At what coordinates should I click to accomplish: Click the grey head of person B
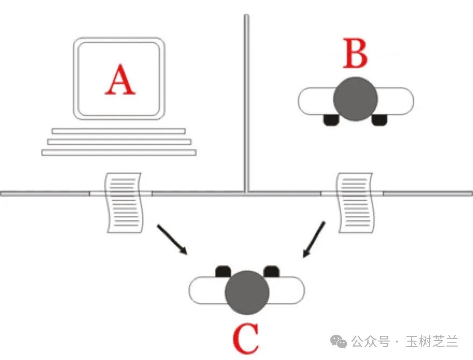(x=355, y=98)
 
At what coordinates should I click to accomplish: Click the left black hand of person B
(x=331, y=119)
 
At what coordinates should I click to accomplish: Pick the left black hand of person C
(x=223, y=271)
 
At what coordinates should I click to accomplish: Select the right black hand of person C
(x=271, y=271)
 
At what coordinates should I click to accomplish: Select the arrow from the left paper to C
(x=173, y=240)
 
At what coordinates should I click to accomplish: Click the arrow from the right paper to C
(x=314, y=240)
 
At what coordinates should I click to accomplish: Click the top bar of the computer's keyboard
(x=119, y=131)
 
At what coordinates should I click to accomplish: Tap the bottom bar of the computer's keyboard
(x=119, y=152)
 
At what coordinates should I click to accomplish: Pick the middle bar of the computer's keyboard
(x=119, y=141)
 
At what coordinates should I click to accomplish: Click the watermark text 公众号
(x=371, y=341)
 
